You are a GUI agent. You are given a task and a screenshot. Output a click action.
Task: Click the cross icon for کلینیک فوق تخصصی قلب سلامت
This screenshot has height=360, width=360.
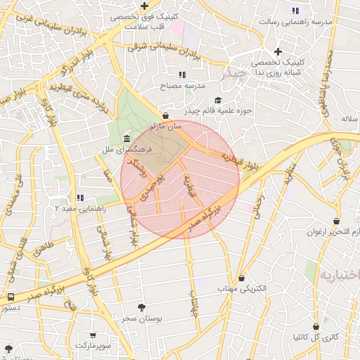tap(144, 6)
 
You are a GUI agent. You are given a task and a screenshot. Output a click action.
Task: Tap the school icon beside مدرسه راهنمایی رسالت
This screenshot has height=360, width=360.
tap(295, 11)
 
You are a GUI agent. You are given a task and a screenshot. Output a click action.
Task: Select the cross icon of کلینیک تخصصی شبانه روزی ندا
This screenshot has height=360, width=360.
tap(278, 51)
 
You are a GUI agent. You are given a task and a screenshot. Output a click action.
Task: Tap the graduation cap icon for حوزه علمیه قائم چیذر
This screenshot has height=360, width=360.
tap(217, 100)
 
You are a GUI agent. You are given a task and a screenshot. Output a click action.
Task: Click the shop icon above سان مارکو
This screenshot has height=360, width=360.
tap(165, 115)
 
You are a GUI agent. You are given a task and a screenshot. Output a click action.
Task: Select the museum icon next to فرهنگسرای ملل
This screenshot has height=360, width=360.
tap(126, 138)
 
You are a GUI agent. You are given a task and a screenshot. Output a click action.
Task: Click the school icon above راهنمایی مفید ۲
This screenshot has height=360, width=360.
tap(80, 198)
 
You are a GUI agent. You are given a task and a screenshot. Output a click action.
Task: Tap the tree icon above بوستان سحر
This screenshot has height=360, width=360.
tap(142, 307)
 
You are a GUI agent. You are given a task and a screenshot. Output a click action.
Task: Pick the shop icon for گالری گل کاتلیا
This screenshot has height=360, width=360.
tap(316, 326)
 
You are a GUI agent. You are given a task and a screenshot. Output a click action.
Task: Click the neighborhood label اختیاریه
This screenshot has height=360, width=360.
tap(340, 274)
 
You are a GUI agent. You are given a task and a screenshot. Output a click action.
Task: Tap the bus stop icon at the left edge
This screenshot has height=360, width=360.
tap(10, 297)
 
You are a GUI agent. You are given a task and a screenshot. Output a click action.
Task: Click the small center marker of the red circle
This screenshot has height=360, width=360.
tap(161, 162)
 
